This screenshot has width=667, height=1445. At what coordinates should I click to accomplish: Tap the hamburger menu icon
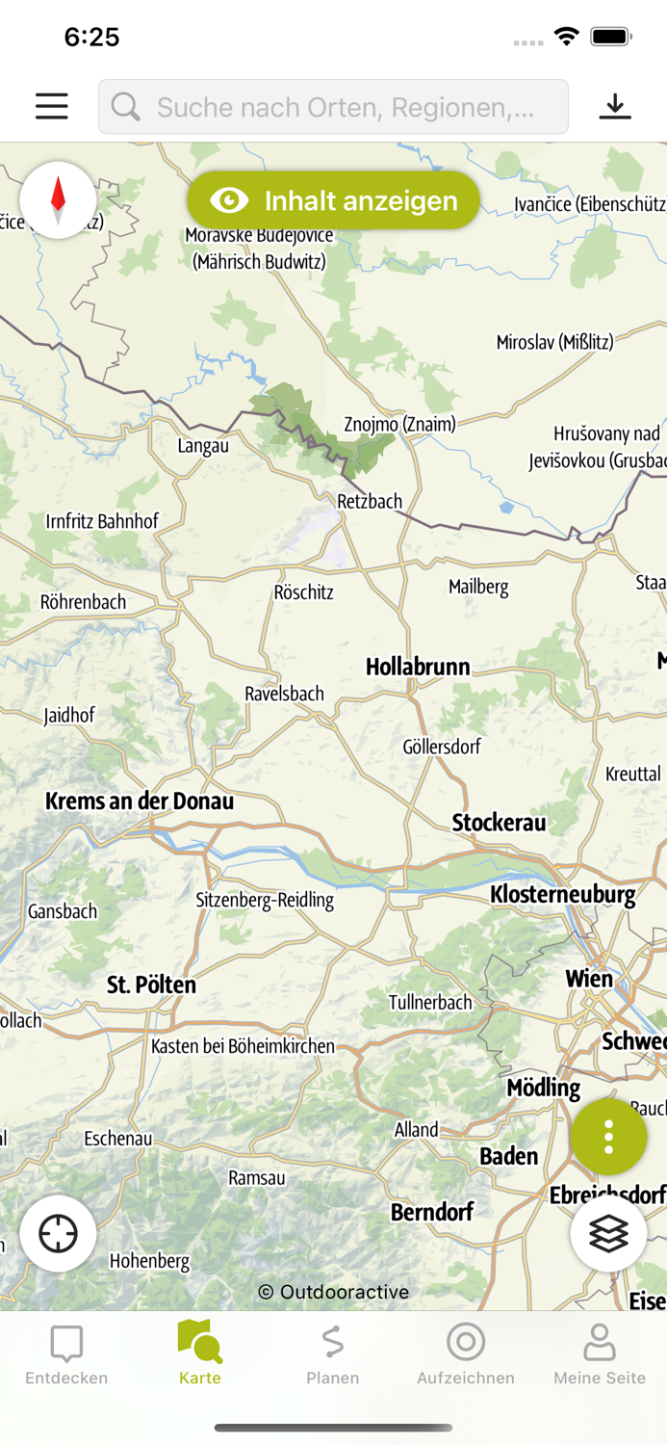(52, 106)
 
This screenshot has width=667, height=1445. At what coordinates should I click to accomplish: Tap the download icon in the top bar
(615, 106)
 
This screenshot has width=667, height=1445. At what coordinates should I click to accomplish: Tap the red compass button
(58, 199)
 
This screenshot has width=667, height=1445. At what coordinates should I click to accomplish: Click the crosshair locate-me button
(58, 1234)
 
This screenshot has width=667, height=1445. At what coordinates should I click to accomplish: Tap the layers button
(608, 1234)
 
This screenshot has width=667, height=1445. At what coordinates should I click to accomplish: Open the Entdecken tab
(66, 1354)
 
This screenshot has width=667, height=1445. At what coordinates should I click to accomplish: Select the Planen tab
(333, 1354)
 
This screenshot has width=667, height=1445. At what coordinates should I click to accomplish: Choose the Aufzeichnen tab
(466, 1354)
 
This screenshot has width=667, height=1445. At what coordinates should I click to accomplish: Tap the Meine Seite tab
(600, 1354)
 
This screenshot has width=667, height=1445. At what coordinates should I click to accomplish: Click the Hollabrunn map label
(418, 667)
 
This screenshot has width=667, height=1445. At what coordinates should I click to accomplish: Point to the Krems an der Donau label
(140, 801)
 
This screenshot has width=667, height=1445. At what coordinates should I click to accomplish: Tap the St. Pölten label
(151, 985)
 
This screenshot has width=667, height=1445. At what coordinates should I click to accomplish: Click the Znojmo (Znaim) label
(399, 424)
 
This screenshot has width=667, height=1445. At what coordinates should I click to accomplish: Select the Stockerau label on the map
(499, 822)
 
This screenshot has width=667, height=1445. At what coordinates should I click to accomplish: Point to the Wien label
(589, 979)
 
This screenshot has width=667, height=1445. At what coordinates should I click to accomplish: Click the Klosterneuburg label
(563, 894)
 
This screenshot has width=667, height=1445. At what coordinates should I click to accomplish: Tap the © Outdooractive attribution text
(333, 1292)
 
